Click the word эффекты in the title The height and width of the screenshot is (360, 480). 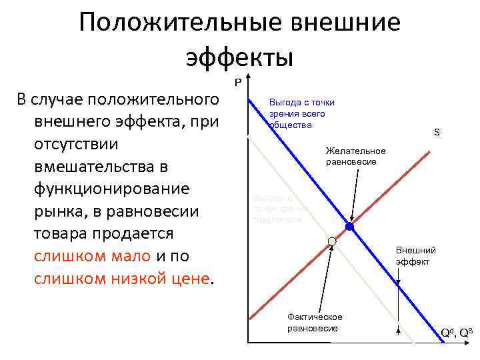coord(239,56)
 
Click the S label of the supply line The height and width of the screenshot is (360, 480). coord(437,133)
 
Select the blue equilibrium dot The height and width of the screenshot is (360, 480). coord(349,227)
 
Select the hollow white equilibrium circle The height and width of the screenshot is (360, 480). coord(331,241)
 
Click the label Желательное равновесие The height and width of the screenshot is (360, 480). coord(355,157)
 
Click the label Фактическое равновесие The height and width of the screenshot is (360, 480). coord(314,323)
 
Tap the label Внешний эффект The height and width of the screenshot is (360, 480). coord(416,256)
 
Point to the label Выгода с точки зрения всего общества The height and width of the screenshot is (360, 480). coord(301,113)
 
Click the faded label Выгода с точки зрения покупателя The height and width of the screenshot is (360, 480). coord(277,208)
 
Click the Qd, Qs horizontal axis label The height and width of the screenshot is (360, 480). coord(457,331)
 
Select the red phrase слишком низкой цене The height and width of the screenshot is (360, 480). coord(121,279)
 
